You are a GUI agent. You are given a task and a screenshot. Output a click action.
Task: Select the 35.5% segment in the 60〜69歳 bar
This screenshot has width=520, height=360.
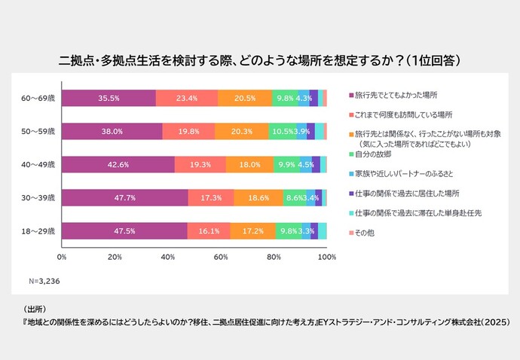109,99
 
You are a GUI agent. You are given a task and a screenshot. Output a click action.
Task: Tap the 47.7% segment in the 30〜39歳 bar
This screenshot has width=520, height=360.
124,197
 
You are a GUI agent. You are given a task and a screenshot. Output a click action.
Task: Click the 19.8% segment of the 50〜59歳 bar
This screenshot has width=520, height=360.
188,132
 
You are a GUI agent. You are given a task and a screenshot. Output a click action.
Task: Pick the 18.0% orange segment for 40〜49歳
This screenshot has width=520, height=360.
249,165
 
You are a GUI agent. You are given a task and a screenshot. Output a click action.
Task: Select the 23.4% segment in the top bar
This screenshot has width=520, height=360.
186,99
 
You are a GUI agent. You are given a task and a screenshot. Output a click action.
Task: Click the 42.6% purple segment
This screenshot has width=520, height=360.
118,165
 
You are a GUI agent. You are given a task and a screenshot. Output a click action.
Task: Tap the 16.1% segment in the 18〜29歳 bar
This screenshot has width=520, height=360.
209,230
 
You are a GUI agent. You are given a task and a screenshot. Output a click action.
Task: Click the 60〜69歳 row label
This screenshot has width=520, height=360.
38,99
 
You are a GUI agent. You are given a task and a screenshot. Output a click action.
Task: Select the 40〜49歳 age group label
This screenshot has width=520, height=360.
38,165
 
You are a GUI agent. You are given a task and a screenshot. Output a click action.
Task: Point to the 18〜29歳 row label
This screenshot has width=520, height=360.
38,230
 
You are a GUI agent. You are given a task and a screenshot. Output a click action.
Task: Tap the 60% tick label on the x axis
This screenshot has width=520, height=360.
221,258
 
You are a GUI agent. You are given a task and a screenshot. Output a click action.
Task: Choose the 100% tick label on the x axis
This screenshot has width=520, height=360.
326,258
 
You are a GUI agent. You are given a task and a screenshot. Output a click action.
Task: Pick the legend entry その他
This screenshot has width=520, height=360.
366,232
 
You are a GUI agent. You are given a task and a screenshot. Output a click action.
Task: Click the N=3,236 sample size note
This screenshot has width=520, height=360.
44,282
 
